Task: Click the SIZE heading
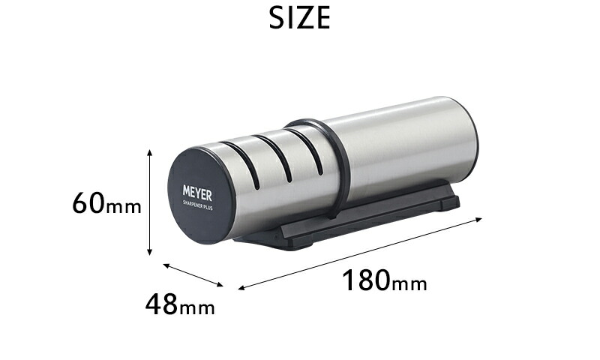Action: [299, 18]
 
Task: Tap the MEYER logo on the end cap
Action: [197, 193]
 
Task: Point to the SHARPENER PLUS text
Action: [197, 205]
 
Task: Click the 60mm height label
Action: [106, 203]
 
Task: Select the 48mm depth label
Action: [180, 304]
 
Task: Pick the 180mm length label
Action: [384, 280]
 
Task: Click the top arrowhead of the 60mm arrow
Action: [149, 152]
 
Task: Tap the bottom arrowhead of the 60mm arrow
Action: [149, 252]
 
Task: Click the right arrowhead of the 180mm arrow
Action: [478, 219]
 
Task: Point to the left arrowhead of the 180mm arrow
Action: [241, 288]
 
